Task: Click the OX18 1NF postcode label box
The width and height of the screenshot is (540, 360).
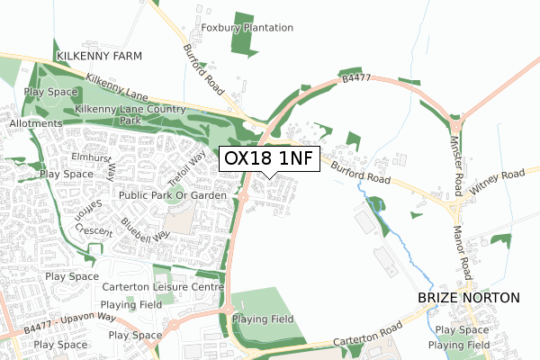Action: pyautogui.click(x=269, y=158)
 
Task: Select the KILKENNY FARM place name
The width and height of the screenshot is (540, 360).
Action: pyautogui.click(x=99, y=56)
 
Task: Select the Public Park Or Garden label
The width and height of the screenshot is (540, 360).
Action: pyautogui.click(x=171, y=194)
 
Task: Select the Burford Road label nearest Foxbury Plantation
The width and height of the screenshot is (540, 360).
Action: pyautogui.click(x=203, y=68)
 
